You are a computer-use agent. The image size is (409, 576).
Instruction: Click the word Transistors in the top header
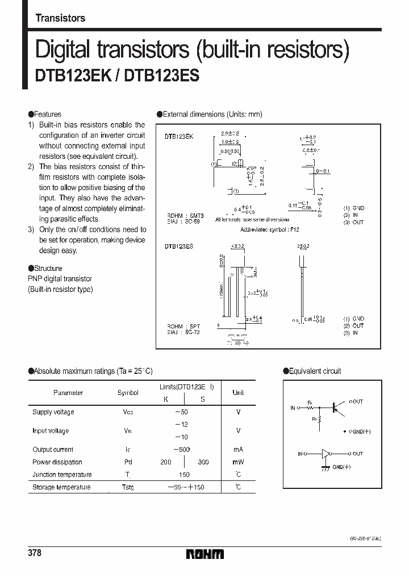coord(60,18)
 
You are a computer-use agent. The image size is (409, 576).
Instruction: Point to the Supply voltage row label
coord(53,412)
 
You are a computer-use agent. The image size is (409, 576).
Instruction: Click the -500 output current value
coord(182,449)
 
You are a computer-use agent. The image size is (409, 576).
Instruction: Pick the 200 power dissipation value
coord(166,462)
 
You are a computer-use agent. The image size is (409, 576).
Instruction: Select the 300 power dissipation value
coord(203,462)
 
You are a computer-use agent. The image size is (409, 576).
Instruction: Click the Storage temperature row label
coord(61,487)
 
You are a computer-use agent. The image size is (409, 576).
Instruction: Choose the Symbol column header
coord(127,392)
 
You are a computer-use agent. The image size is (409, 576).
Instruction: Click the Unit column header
coord(238,392)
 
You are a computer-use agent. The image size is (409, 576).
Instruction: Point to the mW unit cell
coord(238,462)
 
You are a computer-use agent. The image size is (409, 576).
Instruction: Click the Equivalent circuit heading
coord(315,371)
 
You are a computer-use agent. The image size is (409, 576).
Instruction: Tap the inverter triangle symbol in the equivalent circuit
coord(326,454)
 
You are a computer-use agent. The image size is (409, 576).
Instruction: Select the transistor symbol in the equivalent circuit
coord(336,408)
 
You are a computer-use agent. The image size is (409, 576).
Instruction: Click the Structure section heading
coord(48,268)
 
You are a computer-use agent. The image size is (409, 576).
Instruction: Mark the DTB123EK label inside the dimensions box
coord(179,137)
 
